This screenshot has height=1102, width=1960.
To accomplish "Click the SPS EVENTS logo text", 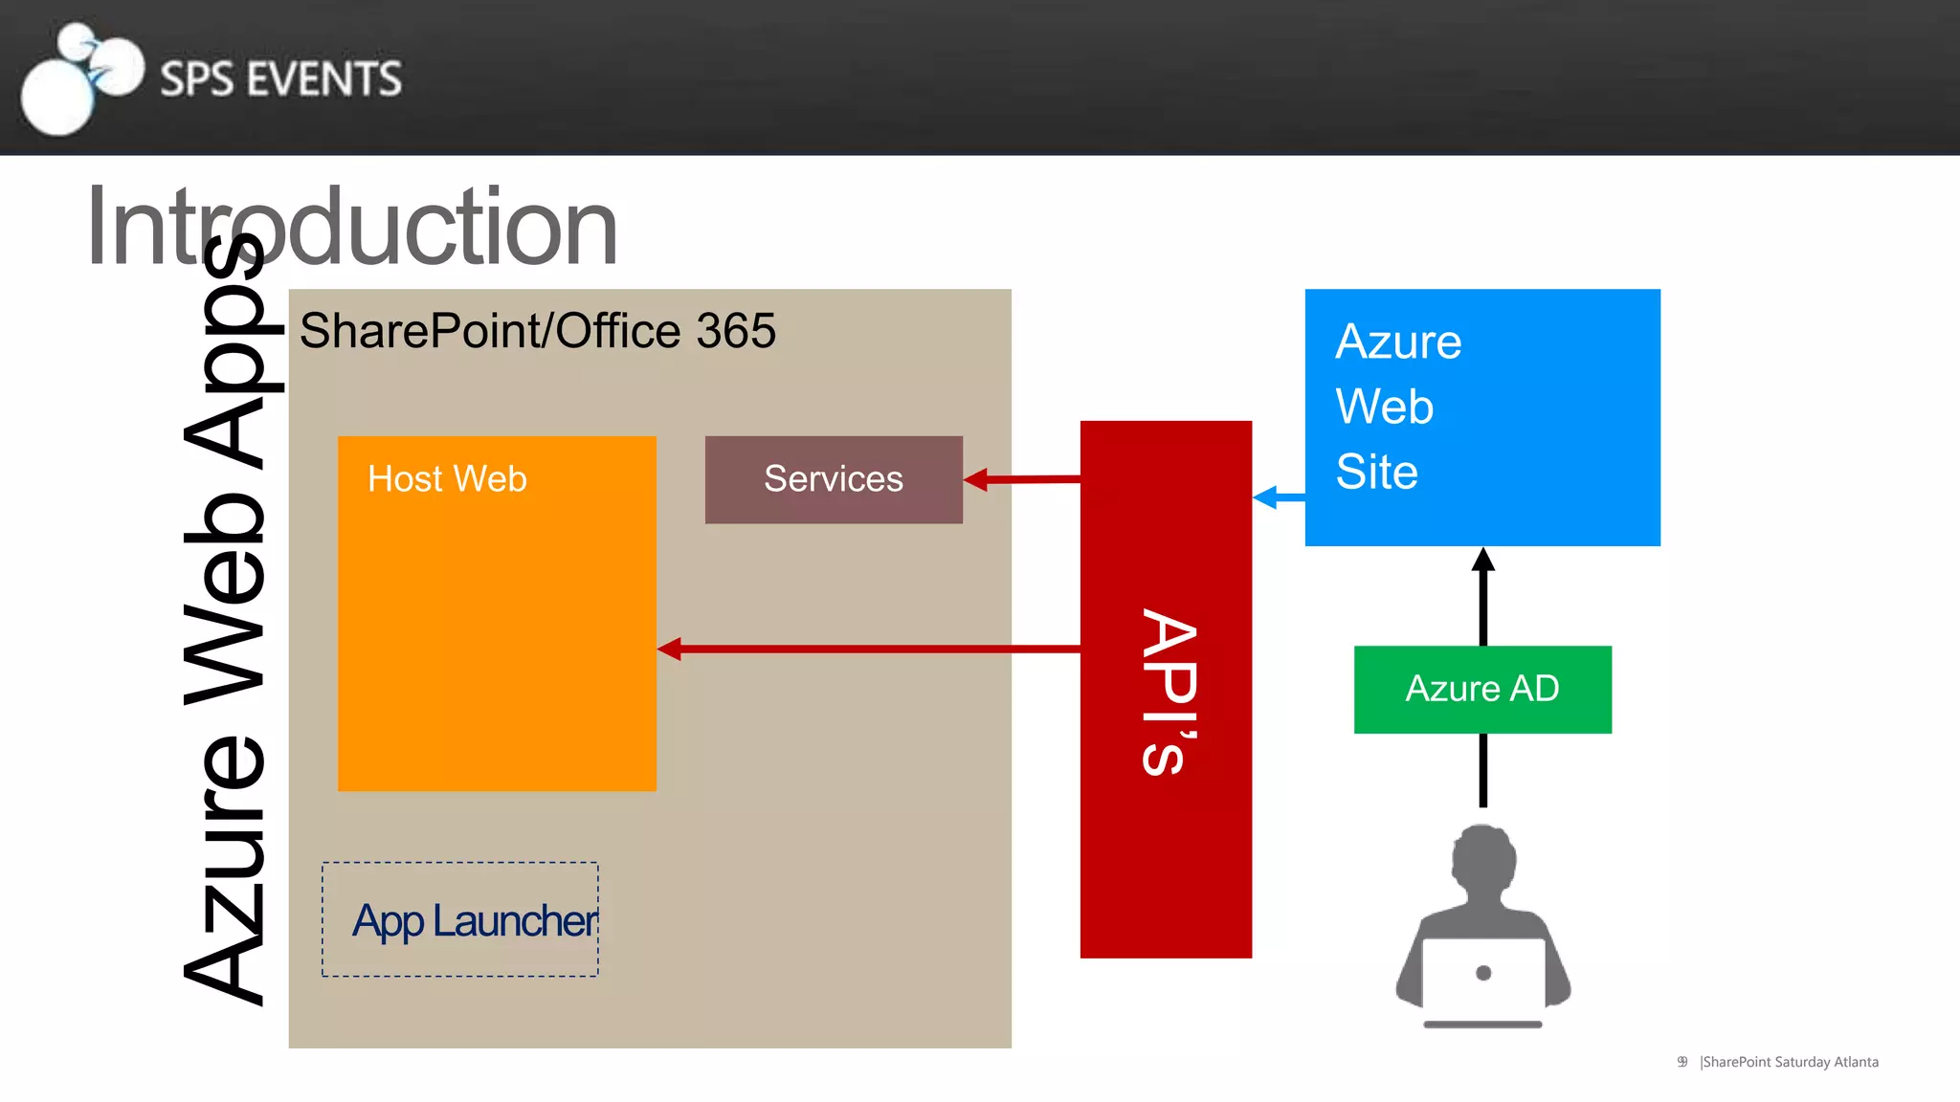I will [x=280, y=78].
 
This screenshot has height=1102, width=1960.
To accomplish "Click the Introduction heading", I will [x=351, y=228].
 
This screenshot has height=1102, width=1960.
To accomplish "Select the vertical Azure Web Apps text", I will [x=224, y=622].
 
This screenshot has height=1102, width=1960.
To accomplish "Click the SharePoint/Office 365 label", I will [x=537, y=331].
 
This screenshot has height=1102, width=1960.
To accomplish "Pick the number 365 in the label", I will [x=736, y=331].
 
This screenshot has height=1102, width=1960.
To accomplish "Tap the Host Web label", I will [x=447, y=478].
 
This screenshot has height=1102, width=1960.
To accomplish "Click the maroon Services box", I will [x=834, y=479].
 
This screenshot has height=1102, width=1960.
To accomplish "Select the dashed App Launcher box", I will [x=460, y=919].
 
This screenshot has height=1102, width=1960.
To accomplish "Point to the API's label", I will [x=1169, y=691].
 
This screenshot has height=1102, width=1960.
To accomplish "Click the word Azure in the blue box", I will [x=1398, y=342].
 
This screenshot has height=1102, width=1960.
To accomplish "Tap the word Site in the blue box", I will [x=1376, y=472].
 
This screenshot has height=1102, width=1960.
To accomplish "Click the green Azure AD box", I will [x=1482, y=689].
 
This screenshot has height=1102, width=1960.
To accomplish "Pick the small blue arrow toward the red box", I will [x=1278, y=497].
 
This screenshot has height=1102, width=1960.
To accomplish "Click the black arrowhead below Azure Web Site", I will [x=1483, y=560].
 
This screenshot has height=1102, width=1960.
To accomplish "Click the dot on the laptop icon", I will [x=1483, y=973].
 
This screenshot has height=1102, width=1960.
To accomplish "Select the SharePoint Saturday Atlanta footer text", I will [x=1789, y=1062].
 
